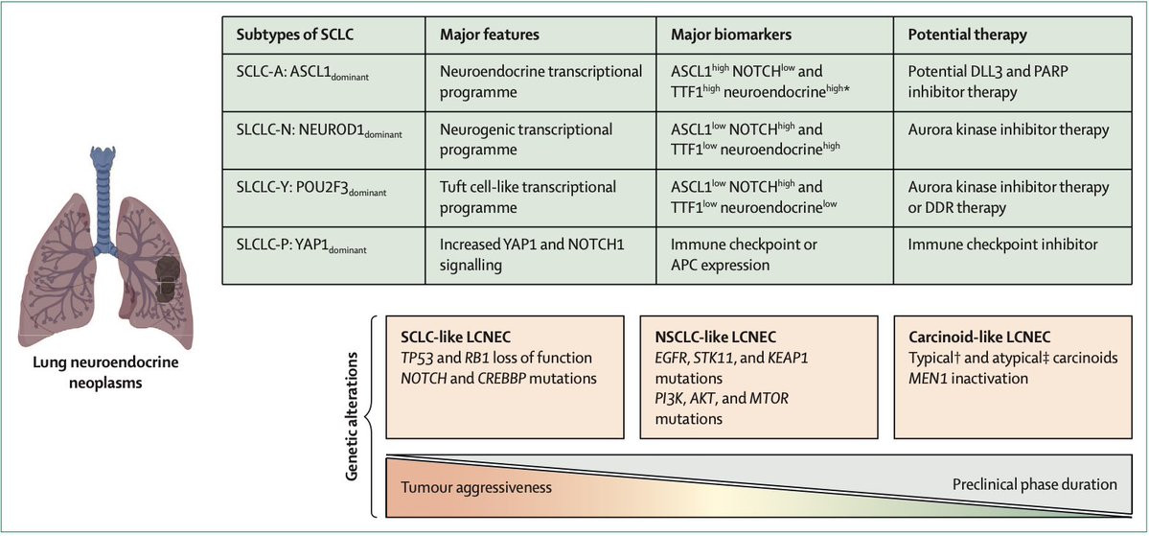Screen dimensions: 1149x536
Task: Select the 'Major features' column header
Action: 481,35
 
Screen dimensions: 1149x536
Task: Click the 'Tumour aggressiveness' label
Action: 476,486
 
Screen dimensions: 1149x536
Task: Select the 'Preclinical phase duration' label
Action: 1035,484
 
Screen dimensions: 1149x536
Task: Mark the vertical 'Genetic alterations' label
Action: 353,416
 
